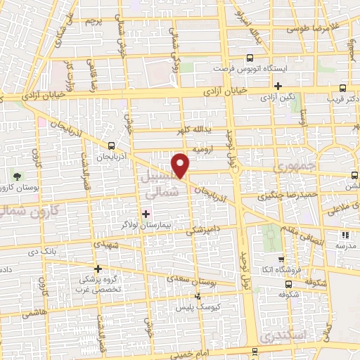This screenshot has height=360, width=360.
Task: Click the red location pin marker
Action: click(181, 165)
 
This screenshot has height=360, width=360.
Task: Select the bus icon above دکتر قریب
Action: click(342, 89)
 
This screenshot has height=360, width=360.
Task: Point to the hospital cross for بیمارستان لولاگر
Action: click(146, 214)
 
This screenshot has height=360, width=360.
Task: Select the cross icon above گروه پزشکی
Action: click(98, 269)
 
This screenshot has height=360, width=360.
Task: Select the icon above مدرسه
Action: click(345, 235)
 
